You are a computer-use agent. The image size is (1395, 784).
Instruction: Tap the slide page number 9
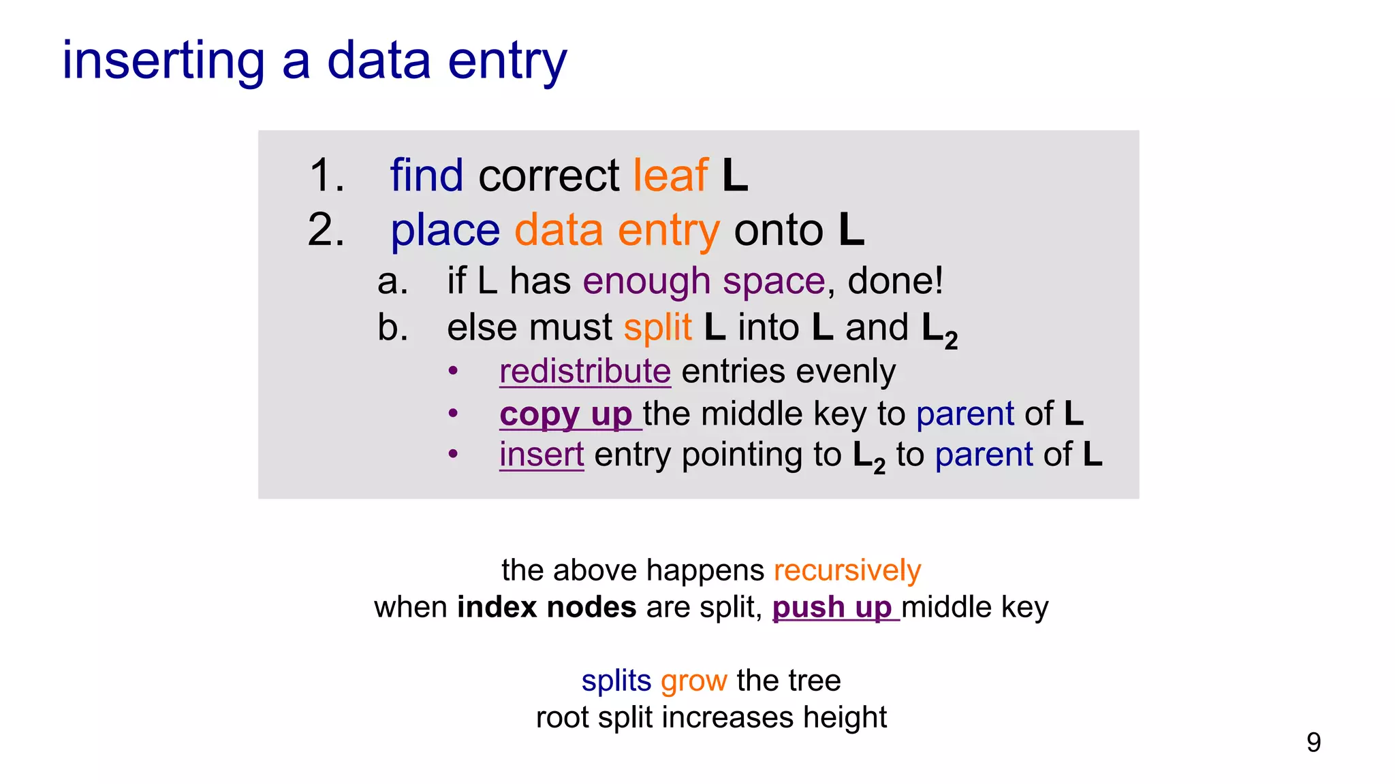click(x=1313, y=742)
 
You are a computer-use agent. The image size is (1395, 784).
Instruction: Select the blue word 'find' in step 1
click(x=426, y=176)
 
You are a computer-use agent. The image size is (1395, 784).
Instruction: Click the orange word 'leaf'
click(x=670, y=176)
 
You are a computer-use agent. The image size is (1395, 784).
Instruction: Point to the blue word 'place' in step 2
click(x=445, y=230)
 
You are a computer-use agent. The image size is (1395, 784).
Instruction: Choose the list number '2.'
click(x=326, y=230)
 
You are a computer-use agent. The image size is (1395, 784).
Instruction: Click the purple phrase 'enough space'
click(x=704, y=281)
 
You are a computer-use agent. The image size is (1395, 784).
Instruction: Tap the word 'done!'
click(x=895, y=281)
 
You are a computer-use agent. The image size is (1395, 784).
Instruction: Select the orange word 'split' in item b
click(x=657, y=327)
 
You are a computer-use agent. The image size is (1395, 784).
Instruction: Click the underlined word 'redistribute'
click(x=585, y=372)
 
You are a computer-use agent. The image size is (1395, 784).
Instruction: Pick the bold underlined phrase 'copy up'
click(x=566, y=414)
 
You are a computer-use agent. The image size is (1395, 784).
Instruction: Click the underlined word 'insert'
click(x=542, y=455)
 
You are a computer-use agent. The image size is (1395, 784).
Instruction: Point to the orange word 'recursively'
click(x=847, y=570)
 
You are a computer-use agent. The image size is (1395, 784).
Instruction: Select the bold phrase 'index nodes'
click(x=546, y=607)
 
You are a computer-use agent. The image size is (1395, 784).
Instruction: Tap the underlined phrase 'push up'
click(x=832, y=607)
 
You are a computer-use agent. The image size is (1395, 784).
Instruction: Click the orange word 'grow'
click(x=693, y=681)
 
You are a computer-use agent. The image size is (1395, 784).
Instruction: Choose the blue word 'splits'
click(x=616, y=681)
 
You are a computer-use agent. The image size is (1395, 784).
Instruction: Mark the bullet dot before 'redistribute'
click(x=453, y=372)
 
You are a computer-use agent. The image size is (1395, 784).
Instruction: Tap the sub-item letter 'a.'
click(x=393, y=281)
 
